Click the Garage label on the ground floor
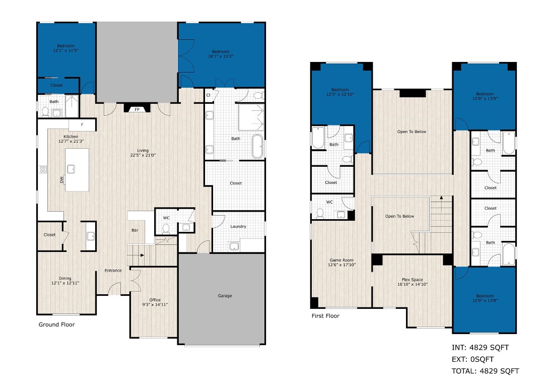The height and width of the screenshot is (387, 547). point(225,296)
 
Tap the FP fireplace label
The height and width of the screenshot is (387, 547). point(136,109)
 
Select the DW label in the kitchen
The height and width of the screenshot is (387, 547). point(61,179)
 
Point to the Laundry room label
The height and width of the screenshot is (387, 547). point(238,226)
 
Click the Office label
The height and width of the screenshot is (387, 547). point(155,300)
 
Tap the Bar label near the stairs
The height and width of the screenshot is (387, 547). point(135,231)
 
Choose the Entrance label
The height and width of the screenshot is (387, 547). point(113,271)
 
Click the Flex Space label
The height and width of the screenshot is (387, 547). point(413,280)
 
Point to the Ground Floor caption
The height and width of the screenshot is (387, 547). point(56,325)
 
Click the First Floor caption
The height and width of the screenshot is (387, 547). point(325,316)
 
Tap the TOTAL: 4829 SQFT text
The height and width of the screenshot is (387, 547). point(485,371)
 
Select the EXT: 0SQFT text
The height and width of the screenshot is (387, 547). point(472,359)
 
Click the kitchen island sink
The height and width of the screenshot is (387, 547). point(71,169)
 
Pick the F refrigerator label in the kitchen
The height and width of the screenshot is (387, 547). point(83,124)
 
